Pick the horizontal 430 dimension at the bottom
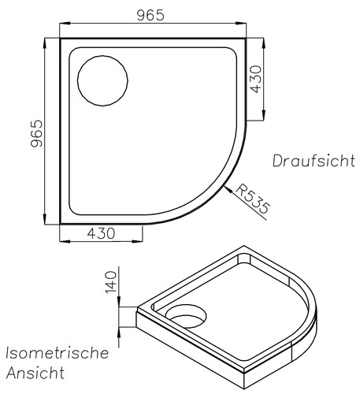[100, 234]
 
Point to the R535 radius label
[254, 201]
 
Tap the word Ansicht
[35, 371]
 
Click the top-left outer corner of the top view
[61, 37]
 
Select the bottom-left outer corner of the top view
[61, 225]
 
